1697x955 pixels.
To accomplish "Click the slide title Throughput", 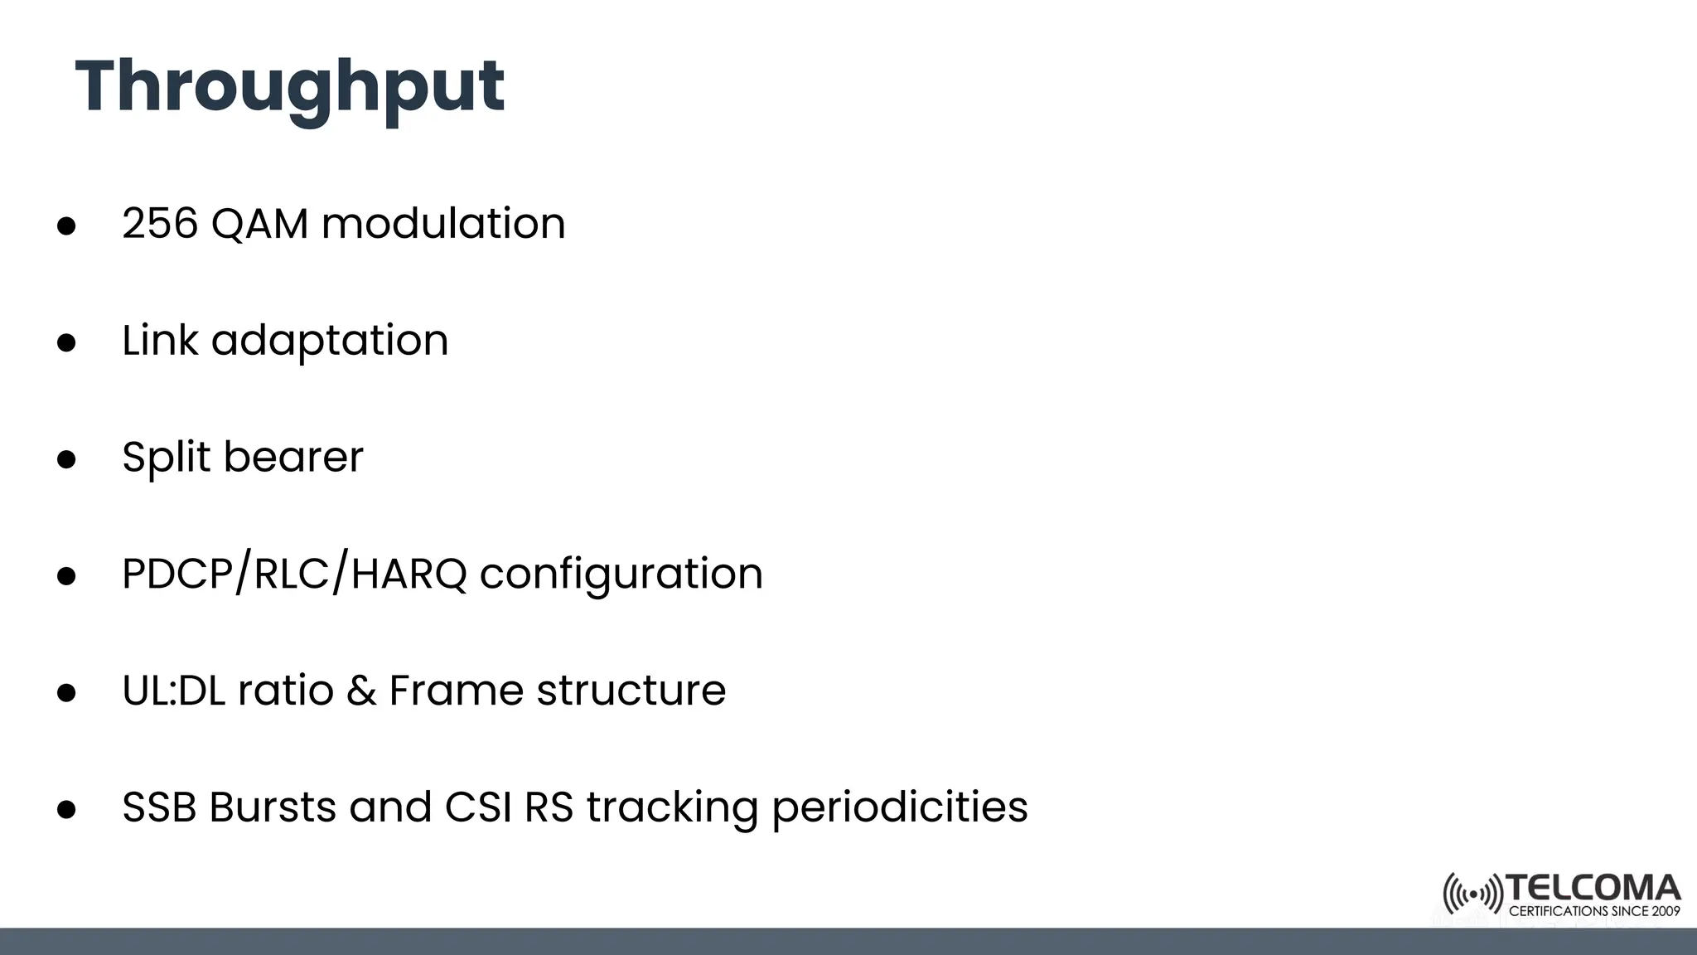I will [x=290, y=88].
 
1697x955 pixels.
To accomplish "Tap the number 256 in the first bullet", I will [x=160, y=224].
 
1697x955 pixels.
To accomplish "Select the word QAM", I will [x=259, y=224].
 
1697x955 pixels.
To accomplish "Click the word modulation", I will [x=443, y=224].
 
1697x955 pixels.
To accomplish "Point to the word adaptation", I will [x=330, y=342].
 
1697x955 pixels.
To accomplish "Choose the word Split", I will [x=166, y=458].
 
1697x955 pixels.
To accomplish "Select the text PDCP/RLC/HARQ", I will [x=294, y=574].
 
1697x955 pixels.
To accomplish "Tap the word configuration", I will [x=621, y=574].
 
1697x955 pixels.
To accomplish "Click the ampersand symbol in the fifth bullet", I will [x=361, y=691].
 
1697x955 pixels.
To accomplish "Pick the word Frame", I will [x=457, y=691].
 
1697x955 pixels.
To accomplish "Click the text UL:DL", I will [x=173, y=691].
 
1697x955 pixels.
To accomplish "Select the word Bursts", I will [x=273, y=807].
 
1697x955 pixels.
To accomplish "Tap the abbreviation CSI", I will [x=478, y=807].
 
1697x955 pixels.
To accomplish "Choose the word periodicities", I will [x=900, y=809].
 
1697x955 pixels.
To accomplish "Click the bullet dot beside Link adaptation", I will [x=66, y=343].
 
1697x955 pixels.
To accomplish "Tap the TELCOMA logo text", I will [x=1593, y=889].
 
